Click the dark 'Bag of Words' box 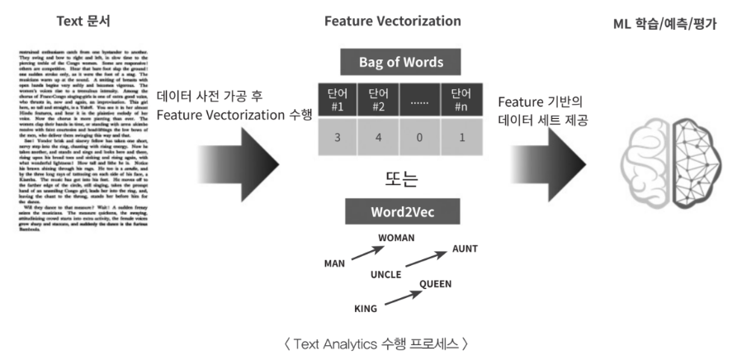[x=400, y=62]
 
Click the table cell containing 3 [x=338, y=137]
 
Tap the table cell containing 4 [x=378, y=137]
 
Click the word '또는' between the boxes [x=400, y=177]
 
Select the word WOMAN [x=397, y=237]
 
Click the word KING [x=365, y=309]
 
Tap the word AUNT [x=465, y=249]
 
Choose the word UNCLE [x=385, y=273]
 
